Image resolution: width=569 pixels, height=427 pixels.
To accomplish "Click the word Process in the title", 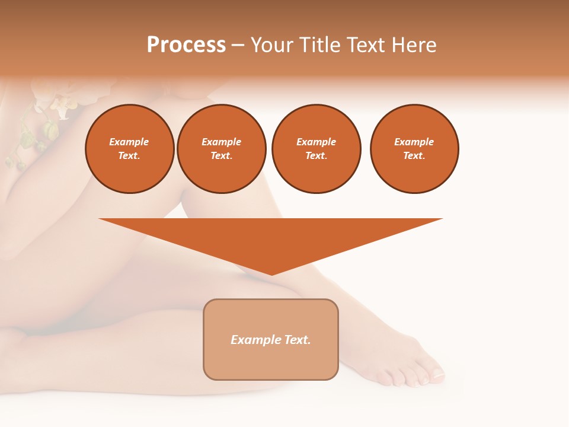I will [186, 45].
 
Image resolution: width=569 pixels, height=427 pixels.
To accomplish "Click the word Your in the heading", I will [272, 45].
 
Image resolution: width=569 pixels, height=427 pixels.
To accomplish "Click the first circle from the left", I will [129, 149].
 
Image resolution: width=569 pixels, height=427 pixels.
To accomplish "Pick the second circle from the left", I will [222, 149].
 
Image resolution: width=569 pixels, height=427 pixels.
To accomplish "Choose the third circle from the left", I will [316, 149].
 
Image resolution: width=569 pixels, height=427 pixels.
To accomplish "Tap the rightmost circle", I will [414, 149].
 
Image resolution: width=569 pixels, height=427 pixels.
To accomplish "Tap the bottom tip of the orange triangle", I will [271, 274].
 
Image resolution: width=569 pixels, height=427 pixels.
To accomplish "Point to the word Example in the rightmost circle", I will [414, 142].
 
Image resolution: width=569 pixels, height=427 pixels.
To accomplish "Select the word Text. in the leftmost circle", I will [129, 156].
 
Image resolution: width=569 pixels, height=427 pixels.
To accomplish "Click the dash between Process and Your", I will [238, 45].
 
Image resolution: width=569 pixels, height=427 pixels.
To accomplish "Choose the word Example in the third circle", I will [316, 142].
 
